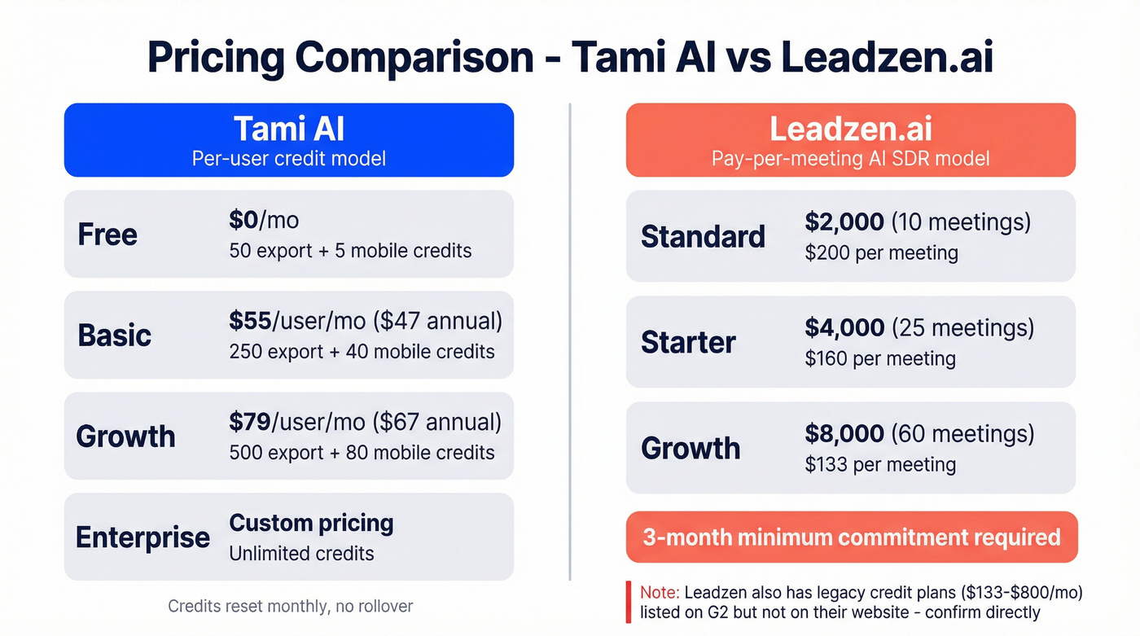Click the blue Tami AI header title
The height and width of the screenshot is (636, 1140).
[x=289, y=129]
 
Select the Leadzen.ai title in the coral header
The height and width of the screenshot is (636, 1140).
[x=850, y=129]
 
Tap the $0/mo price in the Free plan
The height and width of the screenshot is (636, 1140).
[x=264, y=221]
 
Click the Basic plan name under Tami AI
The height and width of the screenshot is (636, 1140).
[x=115, y=335]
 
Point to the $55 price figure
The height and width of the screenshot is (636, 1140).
[x=250, y=321]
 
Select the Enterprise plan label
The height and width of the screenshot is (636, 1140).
[x=142, y=537]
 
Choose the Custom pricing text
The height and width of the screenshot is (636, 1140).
[x=311, y=523]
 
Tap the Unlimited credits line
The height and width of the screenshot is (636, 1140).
[x=301, y=554]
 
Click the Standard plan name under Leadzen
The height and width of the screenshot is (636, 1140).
[x=703, y=236]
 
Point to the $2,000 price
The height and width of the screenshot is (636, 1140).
[x=844, y=222]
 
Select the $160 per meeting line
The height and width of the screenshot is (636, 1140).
[x=879, y=358]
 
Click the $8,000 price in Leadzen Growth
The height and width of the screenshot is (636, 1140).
[x=844, y=433]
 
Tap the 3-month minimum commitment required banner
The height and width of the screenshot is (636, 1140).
[x=851, y=537]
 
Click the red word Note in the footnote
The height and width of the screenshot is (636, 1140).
[x=659, y=592]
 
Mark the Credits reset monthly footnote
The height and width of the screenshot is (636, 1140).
[x=290, y=606]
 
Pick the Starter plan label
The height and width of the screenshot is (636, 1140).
[x=688, y=342]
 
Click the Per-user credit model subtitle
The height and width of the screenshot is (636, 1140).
[x=289, y=157]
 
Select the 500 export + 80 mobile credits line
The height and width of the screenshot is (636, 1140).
[x=362, y=453]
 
